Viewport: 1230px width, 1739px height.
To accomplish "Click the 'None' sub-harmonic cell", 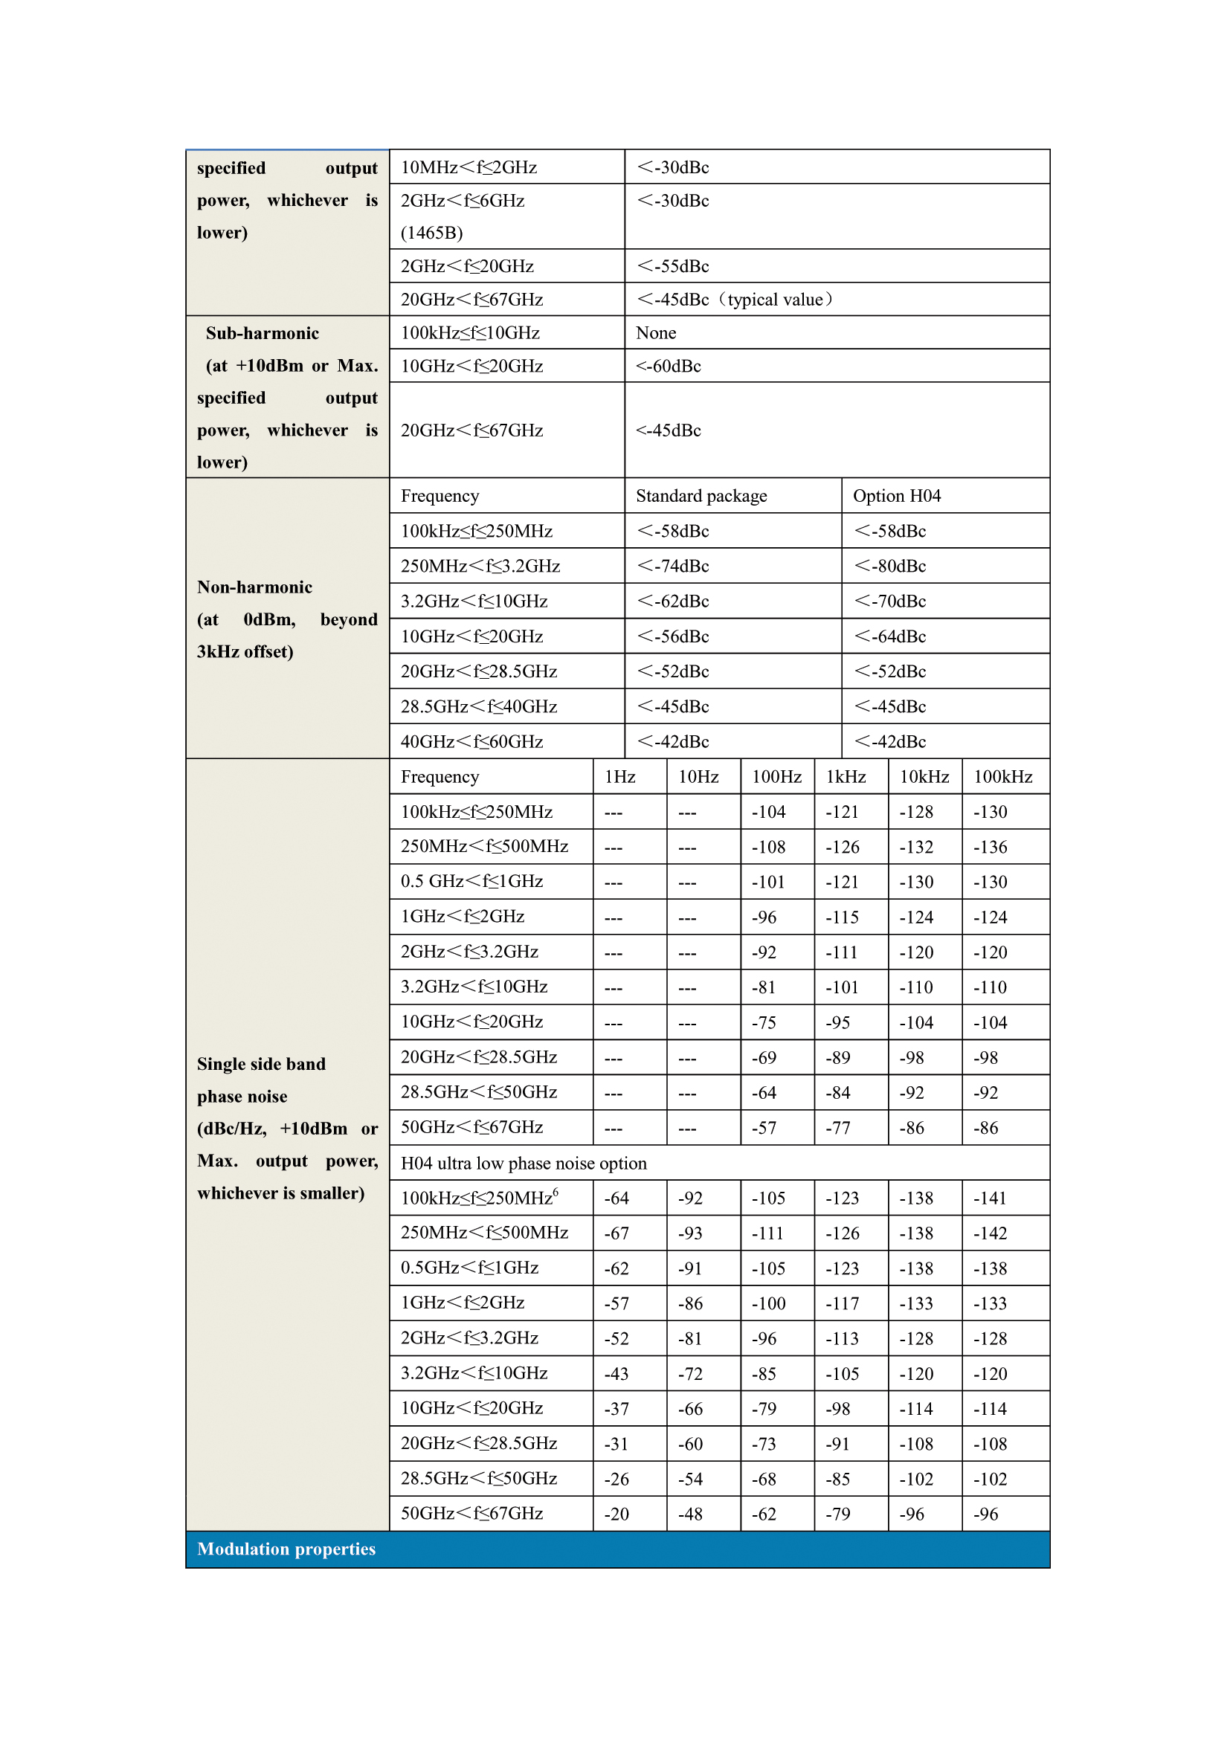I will click(656, 333).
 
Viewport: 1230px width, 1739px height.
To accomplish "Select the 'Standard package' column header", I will click(701, 496).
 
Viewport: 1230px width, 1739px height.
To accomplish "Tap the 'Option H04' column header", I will click(896, 496).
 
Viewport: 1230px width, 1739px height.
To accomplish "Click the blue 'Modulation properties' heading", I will click(286, 1549).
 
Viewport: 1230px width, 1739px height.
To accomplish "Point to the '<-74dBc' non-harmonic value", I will click(672, 567).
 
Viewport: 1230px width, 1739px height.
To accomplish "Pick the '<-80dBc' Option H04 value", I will click(890, 567).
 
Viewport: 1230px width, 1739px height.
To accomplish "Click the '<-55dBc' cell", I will click(672, 267).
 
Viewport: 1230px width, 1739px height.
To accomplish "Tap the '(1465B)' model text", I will click(432, 233).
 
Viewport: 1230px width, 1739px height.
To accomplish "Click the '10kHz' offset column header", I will click(924, 777).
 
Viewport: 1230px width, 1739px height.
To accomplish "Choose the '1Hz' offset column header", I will click(619, 777).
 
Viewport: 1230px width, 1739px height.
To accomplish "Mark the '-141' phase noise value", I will click(990, 1198).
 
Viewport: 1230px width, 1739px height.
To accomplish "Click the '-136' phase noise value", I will click(990, 848).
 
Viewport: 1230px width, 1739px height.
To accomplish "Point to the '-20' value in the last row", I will click(616, 1514).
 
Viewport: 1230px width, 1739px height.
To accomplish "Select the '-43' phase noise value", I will click(616, 1374).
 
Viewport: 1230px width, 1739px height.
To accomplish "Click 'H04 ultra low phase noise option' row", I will click(524, 1164).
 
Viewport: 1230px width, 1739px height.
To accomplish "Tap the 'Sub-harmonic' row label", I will click(262, 333).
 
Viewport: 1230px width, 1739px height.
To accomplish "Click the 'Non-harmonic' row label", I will click(254, 588).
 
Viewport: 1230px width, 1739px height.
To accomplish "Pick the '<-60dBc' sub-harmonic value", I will click(668, 367).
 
